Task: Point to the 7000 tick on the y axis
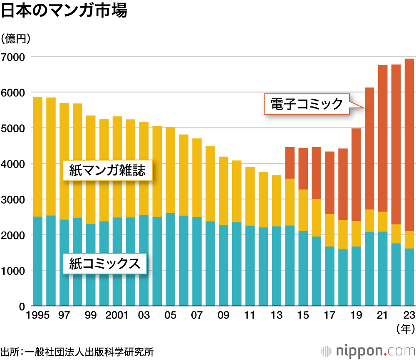click(13, 57)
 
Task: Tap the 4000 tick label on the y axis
click(13, 164)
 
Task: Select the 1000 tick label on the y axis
click(13, 271)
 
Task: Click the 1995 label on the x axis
click(37, 316)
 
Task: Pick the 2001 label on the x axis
click(117, 316)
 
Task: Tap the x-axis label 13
click(277, 316)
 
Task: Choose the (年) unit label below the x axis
click(405, 329)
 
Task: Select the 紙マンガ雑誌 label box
click(107, 170)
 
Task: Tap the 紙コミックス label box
click(104, 264)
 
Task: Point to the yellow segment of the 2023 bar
click(409, 239)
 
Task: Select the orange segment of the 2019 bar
click(356, 175)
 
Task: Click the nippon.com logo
click(368, 351)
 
